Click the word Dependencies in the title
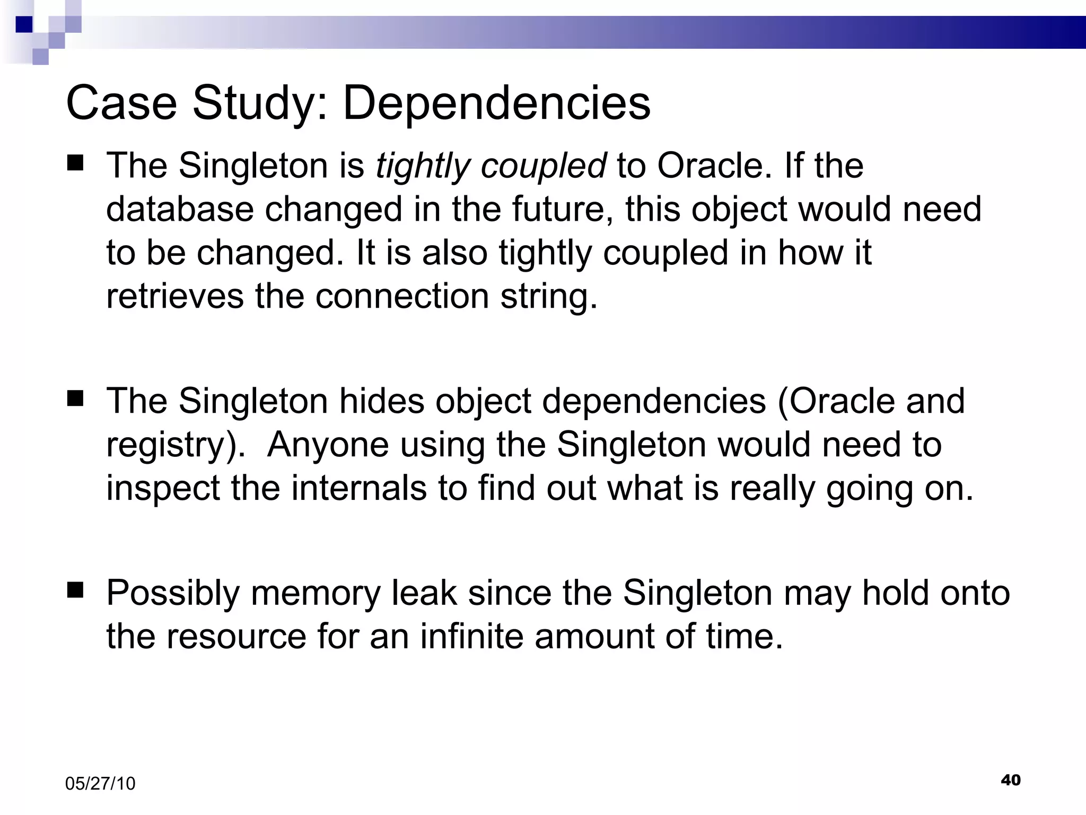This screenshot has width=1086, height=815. (496, 103)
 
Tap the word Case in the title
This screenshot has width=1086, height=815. (121, 103)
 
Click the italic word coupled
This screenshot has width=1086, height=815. (543, 166)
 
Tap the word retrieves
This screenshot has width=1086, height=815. (175, 296)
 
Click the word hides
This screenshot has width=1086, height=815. (382, 401)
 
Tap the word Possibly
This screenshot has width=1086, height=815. (173, 594)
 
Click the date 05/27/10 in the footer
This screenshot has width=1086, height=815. (100, 784)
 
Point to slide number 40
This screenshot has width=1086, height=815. (1011, 780)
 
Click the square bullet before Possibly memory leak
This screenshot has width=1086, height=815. (76, 589)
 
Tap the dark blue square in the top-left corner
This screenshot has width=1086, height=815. (24, 24)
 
